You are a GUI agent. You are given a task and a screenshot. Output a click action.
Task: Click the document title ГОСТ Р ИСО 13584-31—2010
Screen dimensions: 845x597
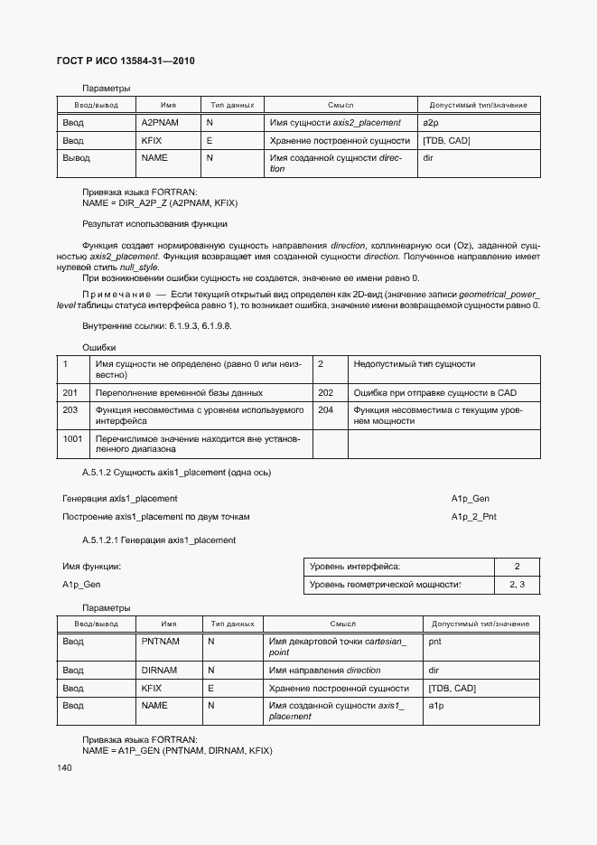tap(126, 61)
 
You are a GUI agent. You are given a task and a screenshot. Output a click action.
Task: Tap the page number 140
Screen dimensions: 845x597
tap(64, 768)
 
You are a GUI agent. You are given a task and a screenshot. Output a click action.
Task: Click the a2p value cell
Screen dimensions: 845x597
tap(430, 122)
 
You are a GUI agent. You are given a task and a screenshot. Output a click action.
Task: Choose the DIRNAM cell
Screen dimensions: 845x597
tap(159, 671)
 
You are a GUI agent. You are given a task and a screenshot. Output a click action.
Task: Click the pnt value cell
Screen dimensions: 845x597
tap(434, 642)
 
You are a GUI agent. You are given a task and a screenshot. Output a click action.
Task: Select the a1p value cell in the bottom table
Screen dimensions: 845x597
tap(435, 705)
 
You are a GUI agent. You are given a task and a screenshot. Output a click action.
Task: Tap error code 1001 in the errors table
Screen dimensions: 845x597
tap(72, 438)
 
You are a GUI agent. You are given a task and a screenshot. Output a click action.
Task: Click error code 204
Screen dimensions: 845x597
tap(326, 409)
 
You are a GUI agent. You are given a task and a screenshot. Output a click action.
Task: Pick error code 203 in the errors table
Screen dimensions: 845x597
tap(70, 409)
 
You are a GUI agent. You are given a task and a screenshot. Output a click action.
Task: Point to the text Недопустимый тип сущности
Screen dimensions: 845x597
tap(415, 364)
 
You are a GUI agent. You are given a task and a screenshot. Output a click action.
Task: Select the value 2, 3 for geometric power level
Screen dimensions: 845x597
tap(518, 586)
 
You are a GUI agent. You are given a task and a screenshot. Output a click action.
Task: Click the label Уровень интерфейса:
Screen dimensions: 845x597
tap(355, 567)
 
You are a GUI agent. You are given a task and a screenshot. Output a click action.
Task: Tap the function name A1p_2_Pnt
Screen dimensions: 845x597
tap(473, 517)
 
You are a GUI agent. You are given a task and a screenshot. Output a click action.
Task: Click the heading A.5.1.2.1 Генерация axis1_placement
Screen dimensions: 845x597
tap(159, 540)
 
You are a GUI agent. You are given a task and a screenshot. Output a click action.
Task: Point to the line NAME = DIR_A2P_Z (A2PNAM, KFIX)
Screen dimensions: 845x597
tap(160, 203)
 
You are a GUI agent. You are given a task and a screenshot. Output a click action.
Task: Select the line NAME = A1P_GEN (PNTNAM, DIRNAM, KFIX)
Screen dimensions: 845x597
tap(177, 751)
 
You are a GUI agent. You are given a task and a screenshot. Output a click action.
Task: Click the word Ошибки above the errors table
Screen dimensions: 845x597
tap(98, 347)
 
